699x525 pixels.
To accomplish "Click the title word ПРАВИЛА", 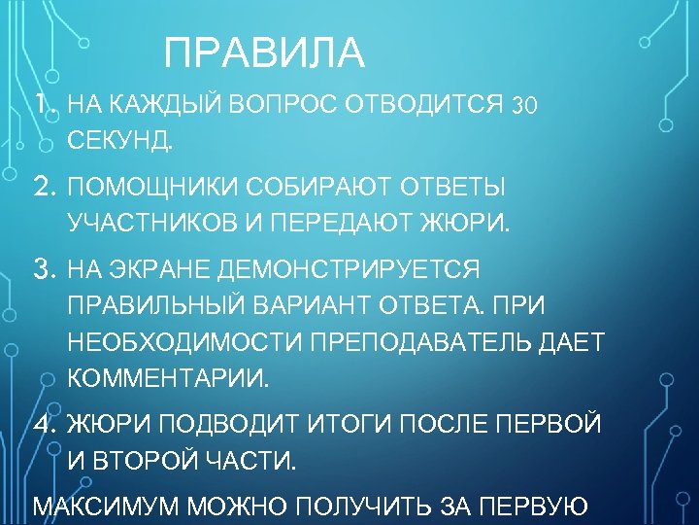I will [x=264, y=53].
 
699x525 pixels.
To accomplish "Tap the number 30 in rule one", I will [x=524, y=104].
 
